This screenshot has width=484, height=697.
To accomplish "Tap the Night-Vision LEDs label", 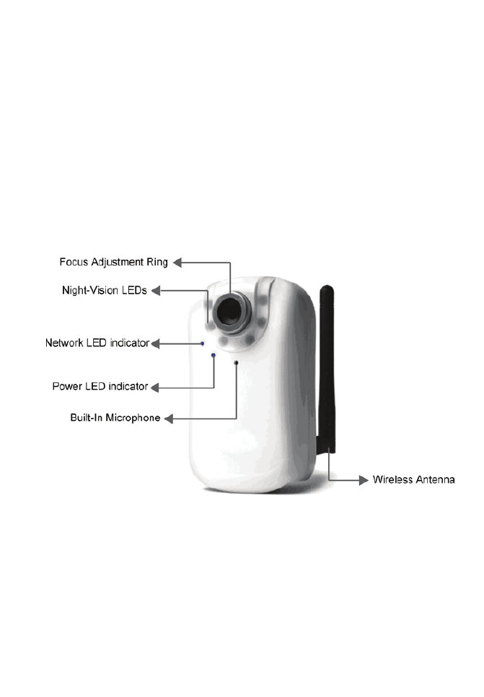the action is [105, 291].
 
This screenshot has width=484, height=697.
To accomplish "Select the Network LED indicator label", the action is [97, 343].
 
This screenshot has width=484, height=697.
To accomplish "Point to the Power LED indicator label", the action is [100, 387].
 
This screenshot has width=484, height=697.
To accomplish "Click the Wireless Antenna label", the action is [413, 479].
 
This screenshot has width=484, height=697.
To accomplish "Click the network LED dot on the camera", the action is [203, 343].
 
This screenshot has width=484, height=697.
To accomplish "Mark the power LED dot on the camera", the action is [213, 355].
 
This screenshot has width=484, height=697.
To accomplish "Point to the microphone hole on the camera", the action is [236, 362].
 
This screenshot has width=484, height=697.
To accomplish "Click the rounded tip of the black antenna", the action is [326, 290].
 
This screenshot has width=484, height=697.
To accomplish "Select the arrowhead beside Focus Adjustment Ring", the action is [175, 263].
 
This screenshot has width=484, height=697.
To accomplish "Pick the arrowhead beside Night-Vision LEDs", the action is [155, 291].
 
